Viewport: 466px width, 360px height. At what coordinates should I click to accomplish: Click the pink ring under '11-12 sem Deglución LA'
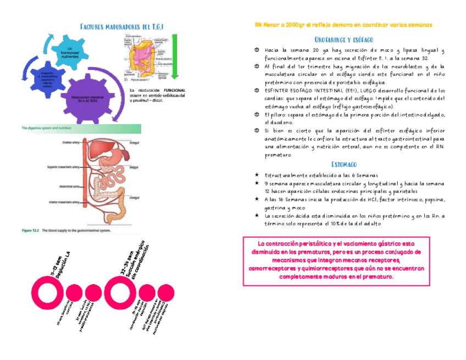coord(46,292)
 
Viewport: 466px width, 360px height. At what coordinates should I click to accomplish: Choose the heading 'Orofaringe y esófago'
coord(344,40)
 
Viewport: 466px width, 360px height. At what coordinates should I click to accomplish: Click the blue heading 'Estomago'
coord(344,164)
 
